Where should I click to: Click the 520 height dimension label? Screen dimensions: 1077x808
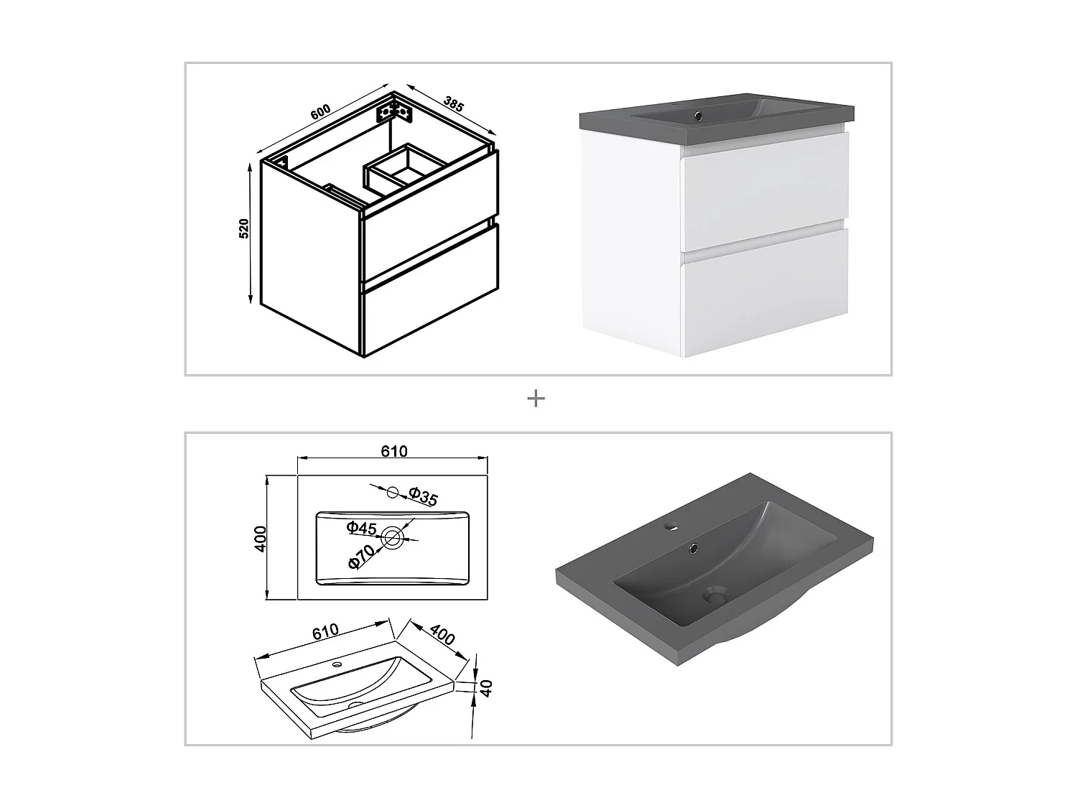pos(244,228)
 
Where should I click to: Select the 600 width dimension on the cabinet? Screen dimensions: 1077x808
pos(320,111)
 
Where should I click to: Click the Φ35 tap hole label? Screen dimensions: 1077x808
pos(423,496)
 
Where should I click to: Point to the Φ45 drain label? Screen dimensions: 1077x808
pos(361,528)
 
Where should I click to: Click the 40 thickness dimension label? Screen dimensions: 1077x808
pos(486,688)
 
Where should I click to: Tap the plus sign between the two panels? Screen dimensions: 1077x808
pos(536,399)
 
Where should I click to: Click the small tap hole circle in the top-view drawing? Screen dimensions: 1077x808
pos(393,492)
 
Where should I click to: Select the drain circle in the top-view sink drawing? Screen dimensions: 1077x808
pos(391,538)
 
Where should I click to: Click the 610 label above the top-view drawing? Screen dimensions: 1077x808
pos(394,451)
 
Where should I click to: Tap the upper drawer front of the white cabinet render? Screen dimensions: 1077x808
pos(765,191)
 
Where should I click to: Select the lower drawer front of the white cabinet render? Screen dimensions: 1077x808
pos(765,292)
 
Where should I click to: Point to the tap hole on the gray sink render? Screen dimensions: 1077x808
pos(671,527)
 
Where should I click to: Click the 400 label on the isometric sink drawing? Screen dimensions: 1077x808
pos(442,635)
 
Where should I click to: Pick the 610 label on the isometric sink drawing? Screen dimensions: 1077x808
pos(325,631)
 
